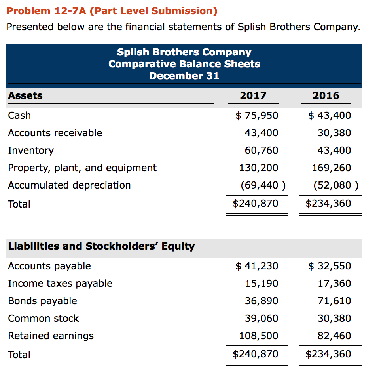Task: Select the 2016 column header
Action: click(326, 95)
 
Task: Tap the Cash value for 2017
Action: click(257, 115)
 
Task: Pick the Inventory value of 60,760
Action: click(261, 150)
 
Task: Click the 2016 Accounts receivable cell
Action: click(334, 133)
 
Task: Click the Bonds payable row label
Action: click(43, 301)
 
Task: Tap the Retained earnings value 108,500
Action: click(258, 336)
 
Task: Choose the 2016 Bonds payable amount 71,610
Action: click(334, 301)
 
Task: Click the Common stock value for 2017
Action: click(261, 318)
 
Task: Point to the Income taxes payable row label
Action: click(60, 283)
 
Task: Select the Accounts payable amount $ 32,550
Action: click(330, 266)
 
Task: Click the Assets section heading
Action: click(25, 95)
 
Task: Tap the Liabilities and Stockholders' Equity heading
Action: click(101, 246)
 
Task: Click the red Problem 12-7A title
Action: click(112, 11)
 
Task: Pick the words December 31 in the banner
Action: click(184, 75)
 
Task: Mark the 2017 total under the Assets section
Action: click(256, 204)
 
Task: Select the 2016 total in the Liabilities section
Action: click(328, 354)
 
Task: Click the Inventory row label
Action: click(31, 150)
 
